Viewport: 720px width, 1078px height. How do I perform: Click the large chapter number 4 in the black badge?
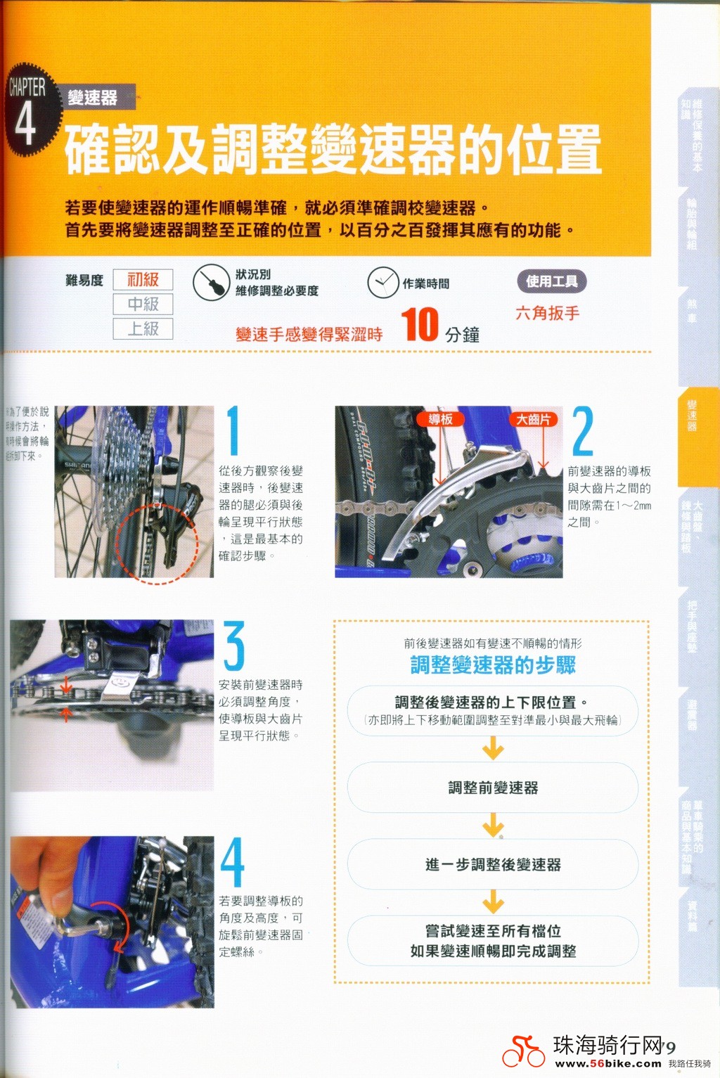point(25,123)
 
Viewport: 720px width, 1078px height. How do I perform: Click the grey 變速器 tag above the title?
point(93,98)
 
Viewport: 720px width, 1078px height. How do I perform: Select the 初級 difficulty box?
point(143,280)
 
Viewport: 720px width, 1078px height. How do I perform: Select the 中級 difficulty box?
point(143,304)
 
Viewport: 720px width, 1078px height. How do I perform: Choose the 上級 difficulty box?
point(143,329)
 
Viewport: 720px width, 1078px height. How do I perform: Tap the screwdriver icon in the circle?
point(211,283)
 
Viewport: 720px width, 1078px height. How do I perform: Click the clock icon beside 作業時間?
point(383,283)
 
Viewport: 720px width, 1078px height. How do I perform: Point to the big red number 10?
point(420,325)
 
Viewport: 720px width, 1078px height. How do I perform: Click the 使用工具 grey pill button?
point(552,282)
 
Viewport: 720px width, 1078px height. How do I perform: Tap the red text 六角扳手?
point(547,314)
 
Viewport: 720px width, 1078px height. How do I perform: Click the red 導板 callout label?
point(440,420)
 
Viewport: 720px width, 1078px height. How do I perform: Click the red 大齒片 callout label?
point(533,420)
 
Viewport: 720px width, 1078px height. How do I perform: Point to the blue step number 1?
point(233,430)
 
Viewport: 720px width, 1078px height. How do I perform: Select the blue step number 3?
point(234,646)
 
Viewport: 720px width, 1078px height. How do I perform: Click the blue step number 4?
point(233,862)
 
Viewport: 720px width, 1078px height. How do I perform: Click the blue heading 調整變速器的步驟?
point(493,665)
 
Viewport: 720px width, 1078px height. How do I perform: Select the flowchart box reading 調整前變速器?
point(493,788)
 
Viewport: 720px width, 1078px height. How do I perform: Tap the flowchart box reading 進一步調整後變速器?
point(493,864)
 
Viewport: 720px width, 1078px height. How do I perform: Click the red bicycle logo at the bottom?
point(523,1051)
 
